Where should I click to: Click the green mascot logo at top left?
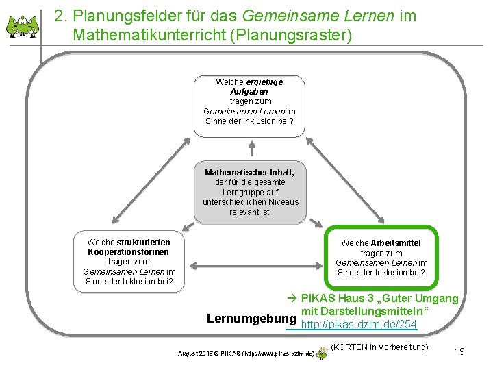click(23, 25)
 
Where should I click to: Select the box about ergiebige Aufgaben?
click(249, 101)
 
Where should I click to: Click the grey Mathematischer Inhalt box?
click(250, 192)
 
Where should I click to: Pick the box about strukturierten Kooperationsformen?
click(129, 262)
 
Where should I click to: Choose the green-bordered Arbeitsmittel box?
click(381, 258)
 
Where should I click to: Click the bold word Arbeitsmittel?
click(395, 243)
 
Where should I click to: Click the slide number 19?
click(459, 351)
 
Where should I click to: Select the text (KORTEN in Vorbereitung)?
click(379, 348)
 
